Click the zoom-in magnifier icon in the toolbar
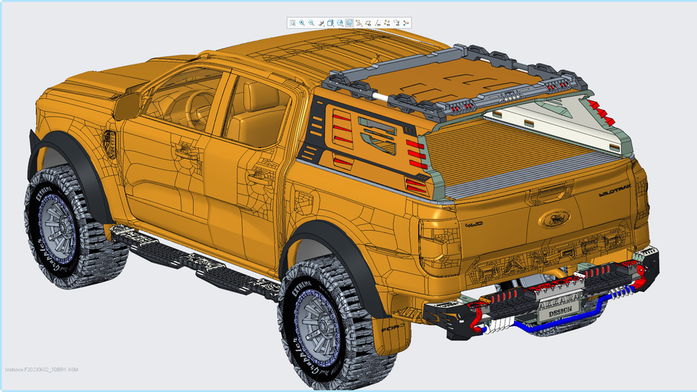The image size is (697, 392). [302, 23]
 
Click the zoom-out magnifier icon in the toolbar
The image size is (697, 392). [311, 23]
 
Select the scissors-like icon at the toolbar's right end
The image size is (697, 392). [406, 23]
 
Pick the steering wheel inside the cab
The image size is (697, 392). [195, 109]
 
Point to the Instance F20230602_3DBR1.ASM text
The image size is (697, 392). [42, 369]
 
